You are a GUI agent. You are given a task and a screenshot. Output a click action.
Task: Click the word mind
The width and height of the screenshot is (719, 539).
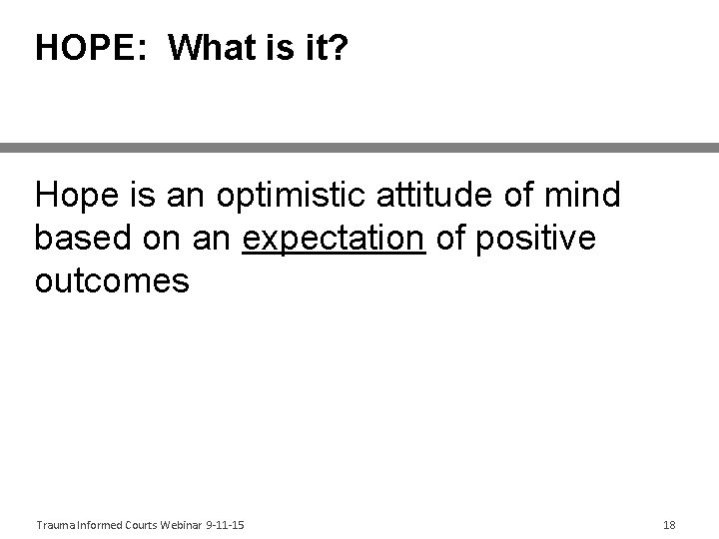(x=584, y=196)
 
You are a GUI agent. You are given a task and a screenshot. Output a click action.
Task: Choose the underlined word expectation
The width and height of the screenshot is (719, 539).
(x=334, y=240)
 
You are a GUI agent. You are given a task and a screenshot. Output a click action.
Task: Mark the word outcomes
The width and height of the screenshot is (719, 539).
(x=112, y=281)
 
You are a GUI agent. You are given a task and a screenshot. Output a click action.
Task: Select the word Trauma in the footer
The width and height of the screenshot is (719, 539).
(x=53, y=524)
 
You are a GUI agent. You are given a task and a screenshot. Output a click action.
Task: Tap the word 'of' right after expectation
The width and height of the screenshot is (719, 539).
(x=451, y=240)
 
